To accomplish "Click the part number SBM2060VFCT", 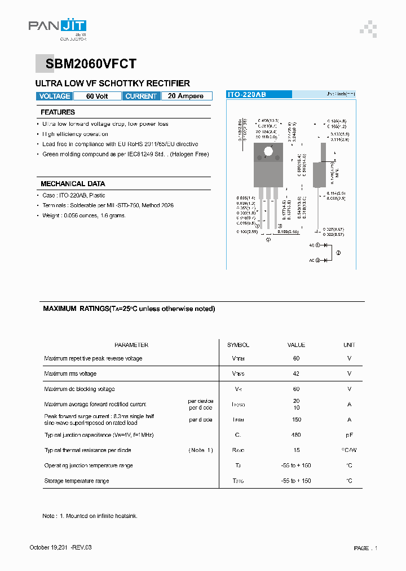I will [87, 64].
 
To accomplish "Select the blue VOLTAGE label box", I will [54, 96].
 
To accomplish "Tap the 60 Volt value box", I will [97, 96].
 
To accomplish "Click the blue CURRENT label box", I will [141, 96].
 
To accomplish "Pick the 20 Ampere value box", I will [186, 96].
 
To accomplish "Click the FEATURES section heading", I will [58, 112].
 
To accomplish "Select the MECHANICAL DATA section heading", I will [73, 184].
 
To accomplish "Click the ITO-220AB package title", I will [246, 95].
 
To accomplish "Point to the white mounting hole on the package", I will [268, 151].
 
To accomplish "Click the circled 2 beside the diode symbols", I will [338, 252].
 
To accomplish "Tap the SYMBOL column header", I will [238, 345].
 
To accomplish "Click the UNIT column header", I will [349, 345].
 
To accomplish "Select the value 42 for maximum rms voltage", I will [296, 374].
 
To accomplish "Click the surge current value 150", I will [296, 420].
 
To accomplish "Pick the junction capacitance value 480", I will [296, 435].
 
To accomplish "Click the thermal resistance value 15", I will [296, 450].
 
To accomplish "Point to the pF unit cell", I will [349, 435].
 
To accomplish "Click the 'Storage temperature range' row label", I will [77, 481].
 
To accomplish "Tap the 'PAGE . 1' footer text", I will [365, 548].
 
